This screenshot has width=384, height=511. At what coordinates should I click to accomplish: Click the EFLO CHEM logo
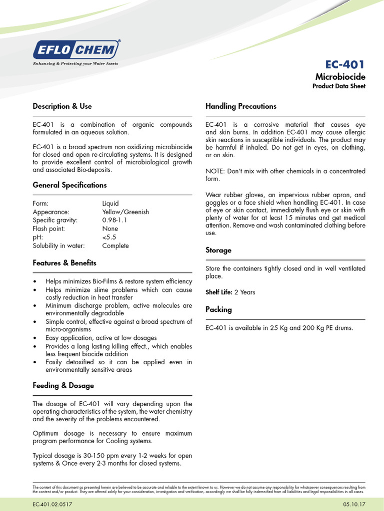[76, 50]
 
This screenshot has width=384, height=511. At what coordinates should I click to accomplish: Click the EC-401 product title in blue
[345, 64]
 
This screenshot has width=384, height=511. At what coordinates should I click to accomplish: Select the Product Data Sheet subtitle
[338, 86]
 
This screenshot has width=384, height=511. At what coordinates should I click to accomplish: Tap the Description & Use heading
[62, 106]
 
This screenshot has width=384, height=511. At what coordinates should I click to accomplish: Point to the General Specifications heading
[69, 185]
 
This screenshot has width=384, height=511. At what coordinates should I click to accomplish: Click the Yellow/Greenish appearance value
[125, 212]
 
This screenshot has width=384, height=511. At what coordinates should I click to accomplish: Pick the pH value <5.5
[109, 237]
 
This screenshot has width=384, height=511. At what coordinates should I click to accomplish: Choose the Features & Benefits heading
[64, 263]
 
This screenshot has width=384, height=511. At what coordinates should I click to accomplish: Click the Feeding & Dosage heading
[63, 386]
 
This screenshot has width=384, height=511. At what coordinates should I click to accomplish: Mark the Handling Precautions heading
[241, 106]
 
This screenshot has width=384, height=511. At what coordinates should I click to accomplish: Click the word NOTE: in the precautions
[215, 171]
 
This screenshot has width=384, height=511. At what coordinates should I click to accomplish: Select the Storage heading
[218, 251]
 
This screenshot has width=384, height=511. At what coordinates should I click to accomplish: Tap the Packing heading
[218, 309]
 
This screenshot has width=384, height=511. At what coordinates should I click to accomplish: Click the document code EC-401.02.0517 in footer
[53, 505]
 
